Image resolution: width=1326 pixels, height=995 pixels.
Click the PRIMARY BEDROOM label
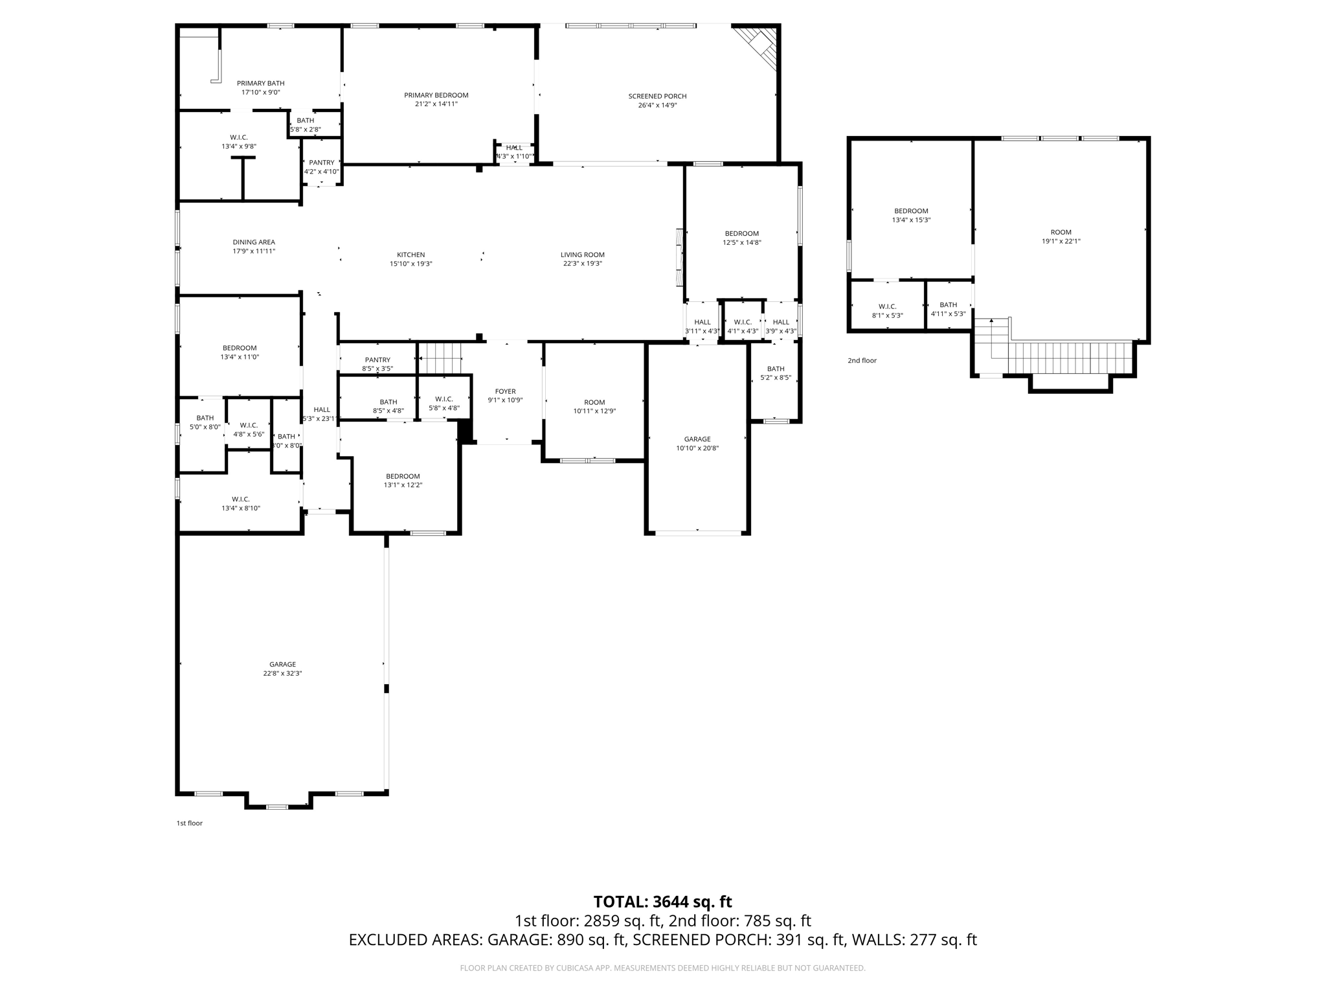coord(436,95)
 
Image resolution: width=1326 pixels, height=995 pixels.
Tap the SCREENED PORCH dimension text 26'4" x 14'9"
coord(657,105)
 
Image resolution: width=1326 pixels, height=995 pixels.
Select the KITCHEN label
coord(410,255)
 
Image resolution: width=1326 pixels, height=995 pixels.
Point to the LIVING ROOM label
coord(582,255)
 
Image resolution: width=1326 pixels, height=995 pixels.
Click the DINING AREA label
coord(254,242)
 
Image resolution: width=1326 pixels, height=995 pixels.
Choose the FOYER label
coord(505,391)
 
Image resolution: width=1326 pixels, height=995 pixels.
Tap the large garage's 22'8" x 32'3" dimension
coord(282,673)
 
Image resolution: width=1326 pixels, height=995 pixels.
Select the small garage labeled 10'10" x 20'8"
coord(697,443)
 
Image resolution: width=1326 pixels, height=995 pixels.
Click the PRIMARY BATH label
coord(260,83)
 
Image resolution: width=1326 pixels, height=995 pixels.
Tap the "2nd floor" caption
coord(862,361)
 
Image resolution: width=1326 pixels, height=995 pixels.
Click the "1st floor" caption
coord(189,823)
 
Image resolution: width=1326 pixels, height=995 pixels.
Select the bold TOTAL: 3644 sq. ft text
coord(662,902)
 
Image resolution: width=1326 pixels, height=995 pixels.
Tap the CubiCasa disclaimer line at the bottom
coord(662,968)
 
